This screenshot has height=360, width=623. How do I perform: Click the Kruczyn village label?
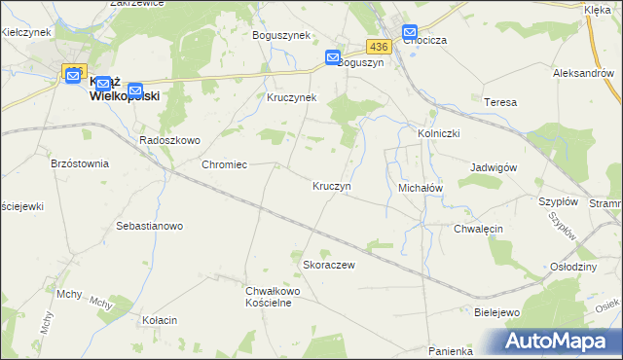(331, 185)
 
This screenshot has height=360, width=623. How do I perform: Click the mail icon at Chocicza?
(410, 32)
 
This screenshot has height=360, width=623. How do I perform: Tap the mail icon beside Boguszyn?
(333, 58)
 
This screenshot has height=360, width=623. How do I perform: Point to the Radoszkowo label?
(169, 140)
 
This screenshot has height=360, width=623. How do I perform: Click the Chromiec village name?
(224, 165)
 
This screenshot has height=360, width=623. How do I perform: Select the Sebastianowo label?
(150, 226)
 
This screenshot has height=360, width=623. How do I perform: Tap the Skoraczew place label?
(328, 265)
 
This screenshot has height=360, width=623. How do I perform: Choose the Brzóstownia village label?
(80, 164)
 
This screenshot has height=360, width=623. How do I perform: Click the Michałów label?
(421, 186)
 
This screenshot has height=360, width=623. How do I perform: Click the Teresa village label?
(498, 101)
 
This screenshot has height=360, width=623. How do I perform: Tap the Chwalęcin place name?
(477, 229)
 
